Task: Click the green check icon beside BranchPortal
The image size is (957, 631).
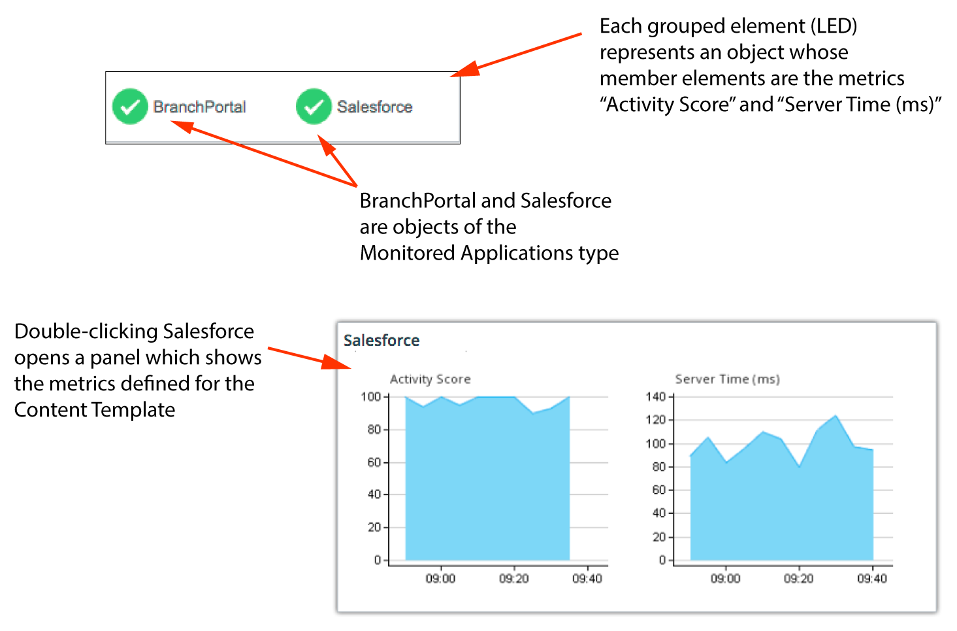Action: click(130, 107)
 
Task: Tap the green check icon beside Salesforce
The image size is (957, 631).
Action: click(314, 107)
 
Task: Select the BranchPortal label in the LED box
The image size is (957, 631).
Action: click(199, 107)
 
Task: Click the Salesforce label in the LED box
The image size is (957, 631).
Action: click(375, 107)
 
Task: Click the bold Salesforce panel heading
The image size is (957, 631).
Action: click(381, 341)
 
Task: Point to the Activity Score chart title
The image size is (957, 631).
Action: click(430, 379)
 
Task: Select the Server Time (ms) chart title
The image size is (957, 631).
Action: click(728, 379)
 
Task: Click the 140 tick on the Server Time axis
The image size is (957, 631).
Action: click(656, 397)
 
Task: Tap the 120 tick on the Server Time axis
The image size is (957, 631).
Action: click(656, 420)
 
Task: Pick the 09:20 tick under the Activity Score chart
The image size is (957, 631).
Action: click(514, 579)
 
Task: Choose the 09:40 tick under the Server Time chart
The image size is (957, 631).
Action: click(872, 579)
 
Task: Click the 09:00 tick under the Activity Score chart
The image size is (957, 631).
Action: click(440, 579)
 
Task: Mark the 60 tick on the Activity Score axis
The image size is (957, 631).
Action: click(374, 462)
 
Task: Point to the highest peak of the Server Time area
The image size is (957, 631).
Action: click(835, 415)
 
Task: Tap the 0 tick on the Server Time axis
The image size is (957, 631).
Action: click(662, 560)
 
